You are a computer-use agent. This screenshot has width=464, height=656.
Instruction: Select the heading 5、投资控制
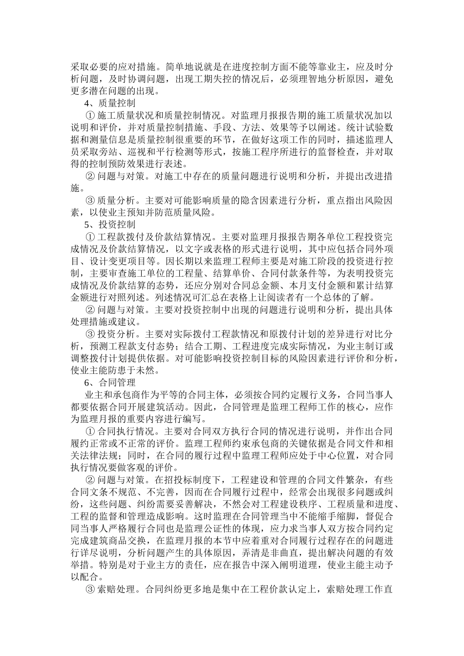[110, 225]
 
